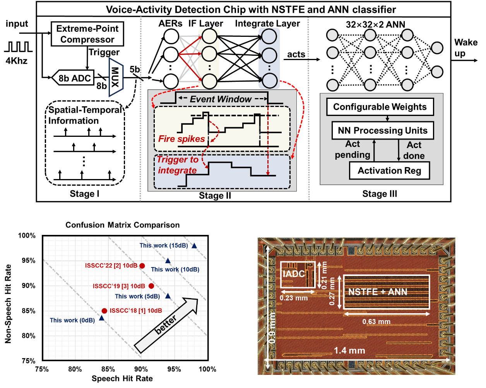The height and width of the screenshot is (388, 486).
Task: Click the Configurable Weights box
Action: (x=380, y=107)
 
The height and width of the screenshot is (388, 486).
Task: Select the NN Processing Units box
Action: (x=383, y=131)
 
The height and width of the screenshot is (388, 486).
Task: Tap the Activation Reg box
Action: (x=389, y=171)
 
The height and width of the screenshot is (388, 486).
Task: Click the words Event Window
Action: (x=221, y=99)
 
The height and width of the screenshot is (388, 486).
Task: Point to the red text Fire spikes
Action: (x=181, y=139)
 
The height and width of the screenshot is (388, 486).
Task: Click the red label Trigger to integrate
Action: (x=177, y=165)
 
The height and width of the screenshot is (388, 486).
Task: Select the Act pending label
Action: (x=353, y=150)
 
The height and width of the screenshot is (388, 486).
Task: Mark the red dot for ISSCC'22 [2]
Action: (x=142, y=266)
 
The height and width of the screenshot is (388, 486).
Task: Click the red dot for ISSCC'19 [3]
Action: (x=151, y=286)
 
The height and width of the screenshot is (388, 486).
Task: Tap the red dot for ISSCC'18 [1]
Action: (x=104, y=310)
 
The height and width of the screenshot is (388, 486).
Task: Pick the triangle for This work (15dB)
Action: (x=194, y=246)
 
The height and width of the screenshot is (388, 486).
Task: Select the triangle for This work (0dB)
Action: (x=101, y=318)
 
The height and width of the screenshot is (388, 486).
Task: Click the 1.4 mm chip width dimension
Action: (x=349, y=351)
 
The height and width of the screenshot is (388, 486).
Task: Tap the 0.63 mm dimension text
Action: (x=376, y=321)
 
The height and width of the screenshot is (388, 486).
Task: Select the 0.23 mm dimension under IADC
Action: (x=293, y=298)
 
